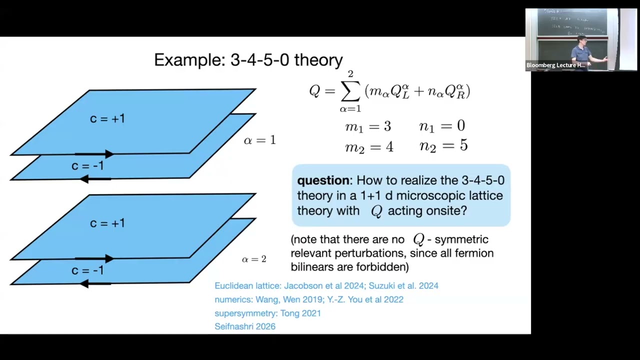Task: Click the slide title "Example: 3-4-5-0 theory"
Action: [x=248, y=60]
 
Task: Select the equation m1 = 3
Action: [x=368, y=127]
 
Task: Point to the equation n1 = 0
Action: [x=442, y=127]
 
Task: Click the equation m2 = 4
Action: [x=369, y=147]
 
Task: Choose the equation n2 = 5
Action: [x=443, y=146]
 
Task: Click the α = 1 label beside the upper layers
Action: [x=259, y=140]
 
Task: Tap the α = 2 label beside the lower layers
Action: [x=254, y=259]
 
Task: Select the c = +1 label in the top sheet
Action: [x=107, y=118]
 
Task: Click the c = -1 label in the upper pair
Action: [x=87, y=166]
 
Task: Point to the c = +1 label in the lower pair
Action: [x=107, y=223]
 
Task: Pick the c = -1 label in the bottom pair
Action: [x=87, y=270]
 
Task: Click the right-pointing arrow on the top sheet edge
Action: [x=95, y=154]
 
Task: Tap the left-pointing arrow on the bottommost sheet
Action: [x=95, y=283]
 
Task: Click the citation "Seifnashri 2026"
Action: [x=245, y=326]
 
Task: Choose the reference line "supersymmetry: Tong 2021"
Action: [x=267, y=313]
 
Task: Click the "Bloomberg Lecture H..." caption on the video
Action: [x=555, y=65]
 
